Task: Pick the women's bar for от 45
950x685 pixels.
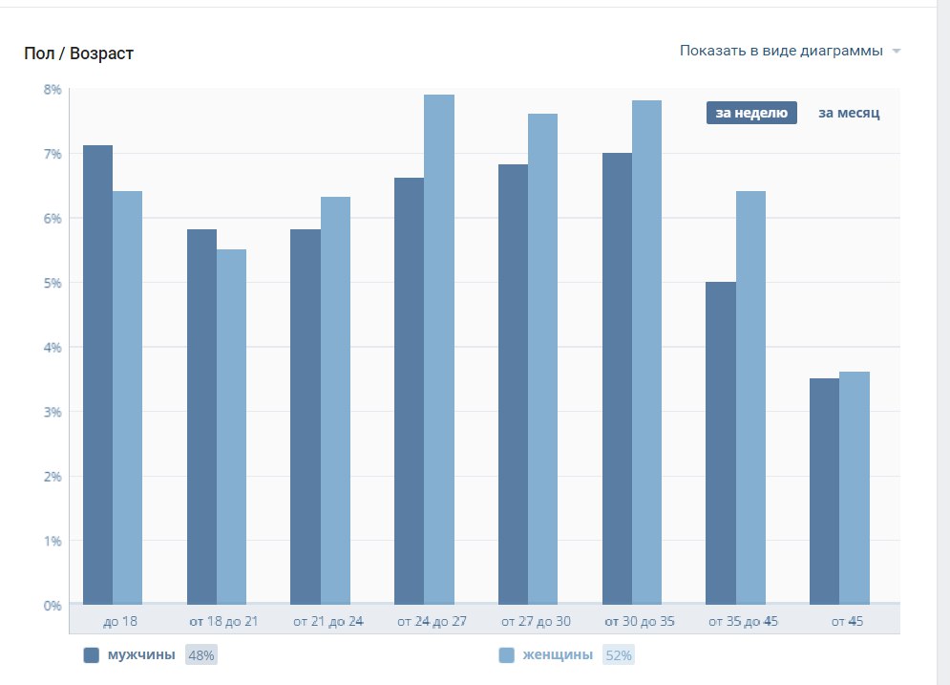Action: [855, 488]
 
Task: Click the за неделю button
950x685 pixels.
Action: [751, 113]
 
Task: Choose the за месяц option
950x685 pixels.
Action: [849, 113]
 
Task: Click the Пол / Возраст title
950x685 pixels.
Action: [78, 54]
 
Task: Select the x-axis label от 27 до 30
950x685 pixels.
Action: [536, 621]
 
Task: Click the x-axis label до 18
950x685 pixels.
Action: [119, 621]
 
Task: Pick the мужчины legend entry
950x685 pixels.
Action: [141, 655]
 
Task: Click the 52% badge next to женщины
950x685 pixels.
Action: [619, 655]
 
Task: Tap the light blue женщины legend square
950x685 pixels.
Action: [507, 655]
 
